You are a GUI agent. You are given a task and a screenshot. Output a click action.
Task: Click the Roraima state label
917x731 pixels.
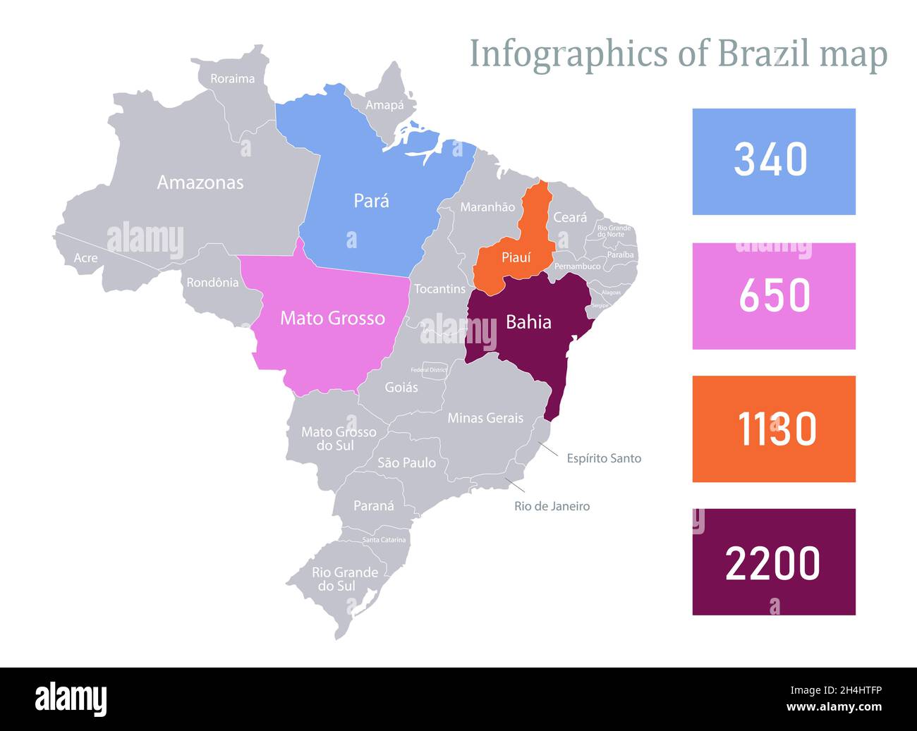coord(232,79)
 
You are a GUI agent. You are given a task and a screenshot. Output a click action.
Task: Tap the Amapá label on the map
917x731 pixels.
coord(384,105)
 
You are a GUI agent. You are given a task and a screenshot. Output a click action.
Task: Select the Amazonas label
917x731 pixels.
coord(200,183)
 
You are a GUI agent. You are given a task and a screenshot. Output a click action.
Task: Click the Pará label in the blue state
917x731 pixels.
coord(371,201)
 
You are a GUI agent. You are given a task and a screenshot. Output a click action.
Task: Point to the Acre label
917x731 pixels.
coord(85,258)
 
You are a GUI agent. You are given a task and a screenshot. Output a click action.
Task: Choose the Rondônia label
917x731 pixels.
coord(212,283)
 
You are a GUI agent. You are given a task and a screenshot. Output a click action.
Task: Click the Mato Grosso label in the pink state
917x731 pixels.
coord(332,318)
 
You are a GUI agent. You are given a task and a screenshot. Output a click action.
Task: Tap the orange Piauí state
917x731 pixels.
coord(516,258)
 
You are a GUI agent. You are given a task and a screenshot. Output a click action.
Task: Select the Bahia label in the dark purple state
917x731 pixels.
coord(528,322)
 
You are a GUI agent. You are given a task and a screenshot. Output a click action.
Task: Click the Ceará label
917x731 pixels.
coord(569,218)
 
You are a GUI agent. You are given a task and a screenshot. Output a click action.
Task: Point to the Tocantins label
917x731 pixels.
coord(439,289)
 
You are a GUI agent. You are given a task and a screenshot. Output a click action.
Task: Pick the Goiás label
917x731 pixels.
coord(401,387)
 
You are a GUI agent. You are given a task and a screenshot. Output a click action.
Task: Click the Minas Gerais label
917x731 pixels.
coord(485,418)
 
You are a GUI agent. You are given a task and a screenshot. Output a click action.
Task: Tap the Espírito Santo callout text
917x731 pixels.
coord(604,458)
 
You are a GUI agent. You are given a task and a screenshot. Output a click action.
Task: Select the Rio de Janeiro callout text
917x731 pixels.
coord(552,506)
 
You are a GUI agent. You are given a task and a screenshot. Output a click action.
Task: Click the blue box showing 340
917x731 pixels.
coord(773,161)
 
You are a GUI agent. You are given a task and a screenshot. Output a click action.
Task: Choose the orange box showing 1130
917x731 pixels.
coord(773,429)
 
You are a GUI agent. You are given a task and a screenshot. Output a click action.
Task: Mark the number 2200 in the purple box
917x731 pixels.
coord(772,563)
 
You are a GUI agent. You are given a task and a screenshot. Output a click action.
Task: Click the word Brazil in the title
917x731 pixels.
coord(764,54)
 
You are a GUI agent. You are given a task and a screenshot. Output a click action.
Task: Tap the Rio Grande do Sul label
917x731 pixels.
coord(345,579)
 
